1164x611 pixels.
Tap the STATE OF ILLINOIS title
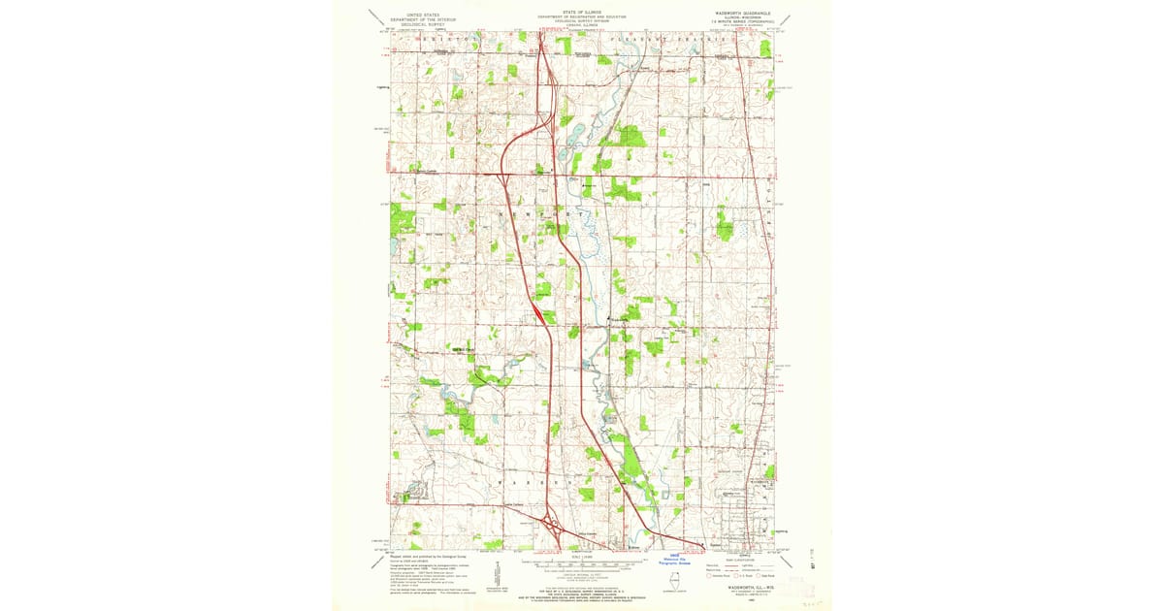point(582,13)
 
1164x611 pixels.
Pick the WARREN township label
point(530,482)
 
